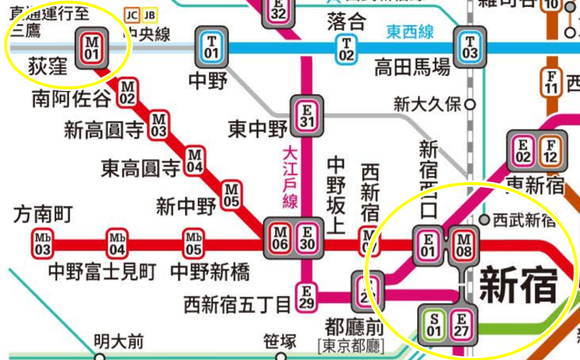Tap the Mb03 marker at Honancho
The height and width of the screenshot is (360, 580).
[42, 243]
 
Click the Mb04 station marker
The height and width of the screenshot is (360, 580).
[117, 243]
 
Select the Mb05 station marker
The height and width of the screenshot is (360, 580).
[193, 243]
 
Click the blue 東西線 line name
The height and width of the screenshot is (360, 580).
[410, 31]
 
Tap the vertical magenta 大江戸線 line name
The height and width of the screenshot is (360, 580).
[290, 177]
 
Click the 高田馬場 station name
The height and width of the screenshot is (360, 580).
[412, 68]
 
